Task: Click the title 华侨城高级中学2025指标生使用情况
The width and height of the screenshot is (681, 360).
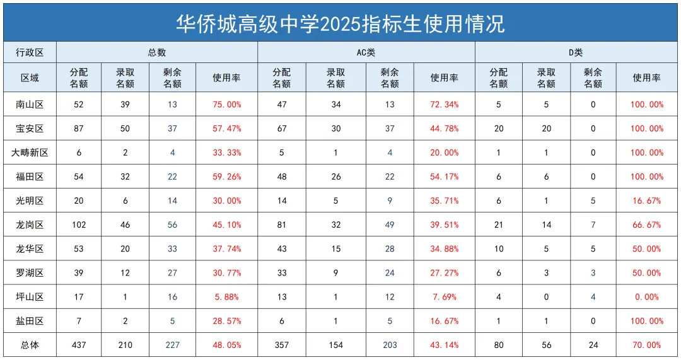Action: pos(340,23)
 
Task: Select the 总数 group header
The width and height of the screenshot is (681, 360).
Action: pos(157,52)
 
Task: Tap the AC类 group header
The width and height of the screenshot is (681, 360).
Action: pos(366,52)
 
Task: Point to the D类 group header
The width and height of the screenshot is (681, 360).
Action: pos(576,52)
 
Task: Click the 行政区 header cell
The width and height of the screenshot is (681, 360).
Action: pos(30,52)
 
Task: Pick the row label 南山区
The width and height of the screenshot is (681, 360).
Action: pos(30,104)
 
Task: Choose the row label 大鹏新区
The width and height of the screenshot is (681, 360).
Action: pos(30,153)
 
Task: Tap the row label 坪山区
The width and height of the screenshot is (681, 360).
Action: pos(30,297)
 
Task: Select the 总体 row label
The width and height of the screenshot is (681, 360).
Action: pos(30,345)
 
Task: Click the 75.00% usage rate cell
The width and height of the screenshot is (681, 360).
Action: pos(227,104)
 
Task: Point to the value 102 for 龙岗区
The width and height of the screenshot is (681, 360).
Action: pos(79,224)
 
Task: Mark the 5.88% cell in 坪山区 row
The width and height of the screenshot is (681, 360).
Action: pos(227,297)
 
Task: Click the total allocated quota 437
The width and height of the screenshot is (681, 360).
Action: pos(79,345)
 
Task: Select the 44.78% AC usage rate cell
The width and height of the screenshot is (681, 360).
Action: pos(445,129)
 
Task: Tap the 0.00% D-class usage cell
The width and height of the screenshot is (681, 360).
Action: pos(647,297)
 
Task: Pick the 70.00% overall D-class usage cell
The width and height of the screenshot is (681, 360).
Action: pos(647,345)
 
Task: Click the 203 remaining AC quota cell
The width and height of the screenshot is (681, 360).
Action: pos(390,345)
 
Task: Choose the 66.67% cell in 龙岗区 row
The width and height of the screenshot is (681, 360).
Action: pos(647,224)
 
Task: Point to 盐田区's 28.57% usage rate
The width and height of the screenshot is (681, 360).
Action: pos(227,321)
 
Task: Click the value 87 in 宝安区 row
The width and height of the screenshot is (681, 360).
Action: pos(79,129)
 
